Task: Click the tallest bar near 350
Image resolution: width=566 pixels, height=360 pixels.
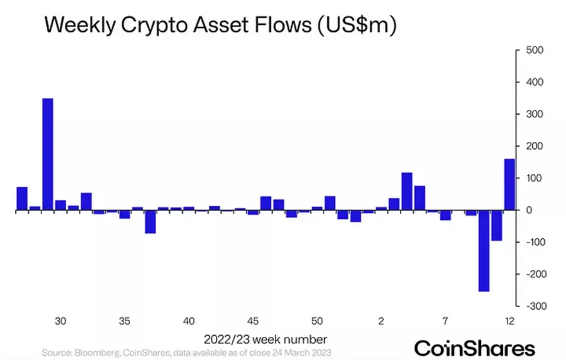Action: pos(48,154)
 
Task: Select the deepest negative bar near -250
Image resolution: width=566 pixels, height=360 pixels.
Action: pos(484,251)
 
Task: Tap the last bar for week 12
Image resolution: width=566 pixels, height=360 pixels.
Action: pos(509,184)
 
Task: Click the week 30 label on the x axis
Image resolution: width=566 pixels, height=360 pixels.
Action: pos(60,322)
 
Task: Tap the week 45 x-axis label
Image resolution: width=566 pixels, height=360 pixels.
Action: pos(253,322)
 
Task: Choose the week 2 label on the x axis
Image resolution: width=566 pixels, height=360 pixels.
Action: pos(381,322)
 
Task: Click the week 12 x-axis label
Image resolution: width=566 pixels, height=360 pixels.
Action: pos(509,322)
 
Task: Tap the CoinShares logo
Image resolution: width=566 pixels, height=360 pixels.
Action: pos(474,347)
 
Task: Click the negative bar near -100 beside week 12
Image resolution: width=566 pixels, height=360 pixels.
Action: pos(496,225)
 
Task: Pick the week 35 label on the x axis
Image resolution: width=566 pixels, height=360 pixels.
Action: pos(124,322)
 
